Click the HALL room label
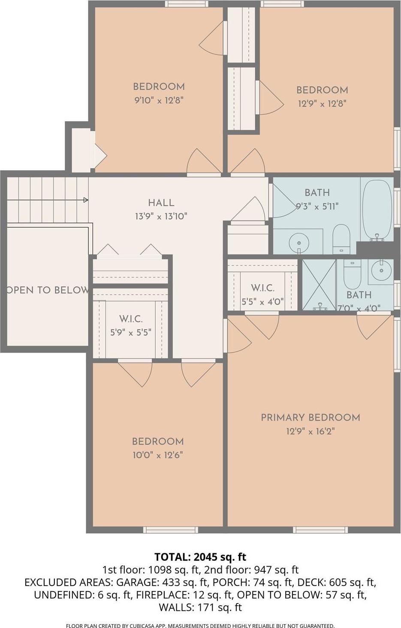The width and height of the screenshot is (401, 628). point(161,203)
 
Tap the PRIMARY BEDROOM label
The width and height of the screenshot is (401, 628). point(310,417)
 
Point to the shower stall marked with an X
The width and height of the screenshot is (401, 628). point(319,284)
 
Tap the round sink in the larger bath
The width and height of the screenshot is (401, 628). point(298,243)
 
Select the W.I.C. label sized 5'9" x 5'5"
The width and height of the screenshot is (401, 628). point(131,319)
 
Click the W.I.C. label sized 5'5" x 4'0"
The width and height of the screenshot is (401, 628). point(262,288)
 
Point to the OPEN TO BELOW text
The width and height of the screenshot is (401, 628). point(47,290)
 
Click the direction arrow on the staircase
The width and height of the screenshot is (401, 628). point(85,200)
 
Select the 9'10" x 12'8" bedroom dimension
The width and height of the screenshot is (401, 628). point(159,100)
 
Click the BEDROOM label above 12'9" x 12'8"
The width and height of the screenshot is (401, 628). point(322,90)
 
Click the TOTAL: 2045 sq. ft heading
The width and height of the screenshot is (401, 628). point(200,557)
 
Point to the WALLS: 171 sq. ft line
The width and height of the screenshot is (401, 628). point(200,607)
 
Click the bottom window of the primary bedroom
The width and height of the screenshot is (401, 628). point(320,530)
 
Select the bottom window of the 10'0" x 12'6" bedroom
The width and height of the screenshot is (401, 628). point(170,530)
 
